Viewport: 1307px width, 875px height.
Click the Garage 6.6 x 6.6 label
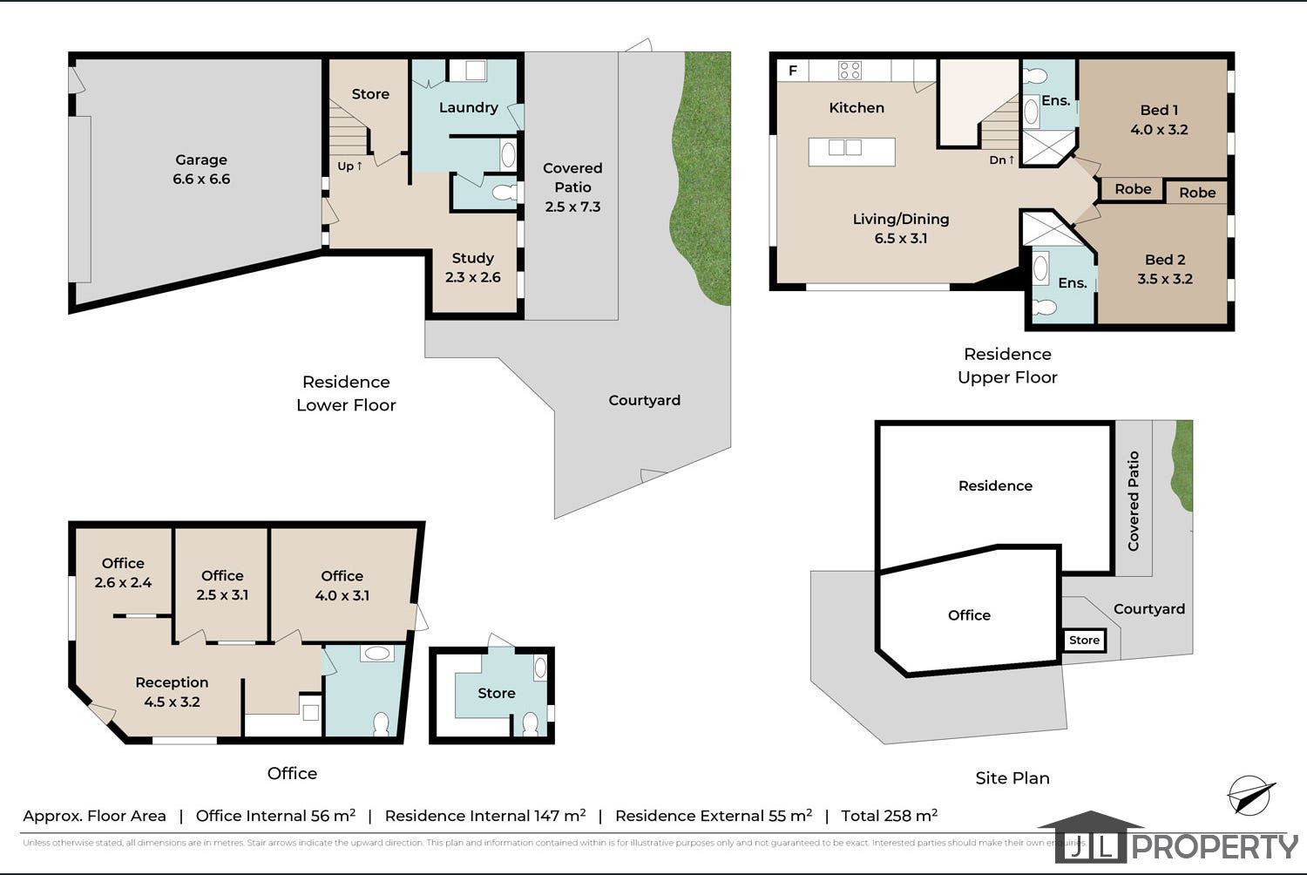click(201, 169)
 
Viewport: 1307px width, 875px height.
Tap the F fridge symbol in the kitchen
click(793, 71)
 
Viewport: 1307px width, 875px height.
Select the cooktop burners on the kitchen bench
click(850, 71)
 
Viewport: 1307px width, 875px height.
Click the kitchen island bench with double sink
click(851, 152)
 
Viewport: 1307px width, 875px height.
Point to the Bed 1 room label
click(1159, 119)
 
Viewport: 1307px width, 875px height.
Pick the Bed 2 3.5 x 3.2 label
click(1165, 269)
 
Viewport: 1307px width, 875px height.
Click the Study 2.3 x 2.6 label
click(472, 268)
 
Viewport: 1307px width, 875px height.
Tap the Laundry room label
click(468, 107)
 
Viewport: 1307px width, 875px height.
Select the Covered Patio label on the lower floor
click(572, 187)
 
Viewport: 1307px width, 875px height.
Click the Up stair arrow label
click(349, 166)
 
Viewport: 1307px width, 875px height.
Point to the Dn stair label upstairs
click(1001, 159)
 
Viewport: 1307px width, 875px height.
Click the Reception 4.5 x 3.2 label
click(172, 692)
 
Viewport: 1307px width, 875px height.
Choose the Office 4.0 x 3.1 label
click(342, 586)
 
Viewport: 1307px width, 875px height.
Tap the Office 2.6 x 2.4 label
click(123, 573)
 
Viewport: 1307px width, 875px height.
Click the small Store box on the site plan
click(1084, 641)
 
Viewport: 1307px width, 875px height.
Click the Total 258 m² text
click(889, 816)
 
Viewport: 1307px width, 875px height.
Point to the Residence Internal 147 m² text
click(484, 816)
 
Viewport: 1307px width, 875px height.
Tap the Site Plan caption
click(1012, 778)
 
